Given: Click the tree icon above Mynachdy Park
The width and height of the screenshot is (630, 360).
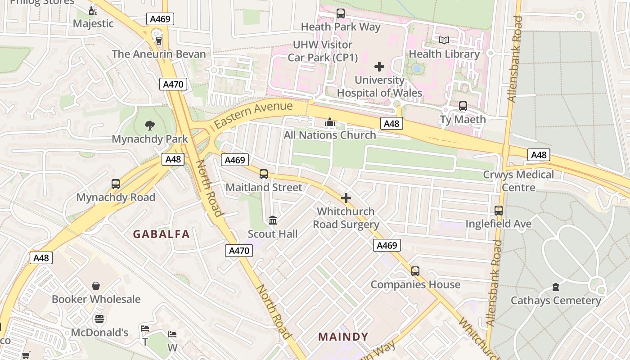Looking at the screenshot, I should coord(150,126).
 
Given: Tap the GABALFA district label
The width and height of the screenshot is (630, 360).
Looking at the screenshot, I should coord(161,234).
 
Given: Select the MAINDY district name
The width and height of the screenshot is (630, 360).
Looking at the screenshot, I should coord(343,337).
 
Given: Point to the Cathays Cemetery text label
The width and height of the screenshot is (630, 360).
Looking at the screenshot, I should coord(556,300).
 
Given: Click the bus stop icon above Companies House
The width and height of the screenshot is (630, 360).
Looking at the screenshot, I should coord(415,271).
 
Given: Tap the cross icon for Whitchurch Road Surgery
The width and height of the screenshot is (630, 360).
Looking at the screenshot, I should coord(346,198).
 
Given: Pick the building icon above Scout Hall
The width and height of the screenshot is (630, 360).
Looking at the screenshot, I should coord(273,220).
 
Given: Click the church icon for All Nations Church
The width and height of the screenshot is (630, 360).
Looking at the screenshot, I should coord(330,122).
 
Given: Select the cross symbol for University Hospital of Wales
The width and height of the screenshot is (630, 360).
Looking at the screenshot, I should coord(379,67).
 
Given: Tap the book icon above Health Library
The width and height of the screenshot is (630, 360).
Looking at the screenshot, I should coord(444,40).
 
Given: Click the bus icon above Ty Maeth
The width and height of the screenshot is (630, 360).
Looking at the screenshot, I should coord(463,106).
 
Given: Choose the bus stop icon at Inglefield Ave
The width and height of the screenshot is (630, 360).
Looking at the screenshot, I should coord(498,211).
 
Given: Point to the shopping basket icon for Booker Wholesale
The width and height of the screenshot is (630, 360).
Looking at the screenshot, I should coord(96,286).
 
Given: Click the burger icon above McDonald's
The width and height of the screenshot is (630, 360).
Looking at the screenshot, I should coord(99,319).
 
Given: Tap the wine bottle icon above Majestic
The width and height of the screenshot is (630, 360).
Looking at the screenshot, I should coord(93,11).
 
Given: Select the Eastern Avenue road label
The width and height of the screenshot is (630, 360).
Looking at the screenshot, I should coord(253,115).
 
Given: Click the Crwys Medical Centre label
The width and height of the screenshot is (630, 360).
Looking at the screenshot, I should coord(518,180).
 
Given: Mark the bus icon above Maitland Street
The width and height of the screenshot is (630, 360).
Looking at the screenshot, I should coord(264,174).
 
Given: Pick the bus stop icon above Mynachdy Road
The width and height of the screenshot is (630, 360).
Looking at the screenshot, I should coord(116,184).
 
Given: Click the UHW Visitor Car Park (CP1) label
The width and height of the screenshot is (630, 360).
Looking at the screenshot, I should coord(322,51).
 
